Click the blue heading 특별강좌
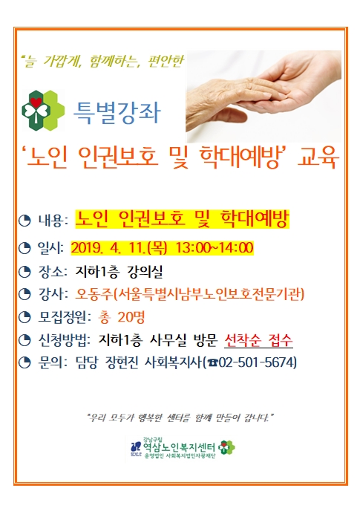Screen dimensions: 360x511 click(x=117, y=112)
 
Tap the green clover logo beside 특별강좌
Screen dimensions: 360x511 click(x=42, y=111)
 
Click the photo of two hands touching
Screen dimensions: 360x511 click(x=264, y=96)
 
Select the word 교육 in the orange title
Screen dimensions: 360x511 click(x=318, y=157)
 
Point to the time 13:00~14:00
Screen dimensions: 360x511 click(x=215, y=247)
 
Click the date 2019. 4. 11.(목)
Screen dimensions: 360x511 click(x=119, y=248)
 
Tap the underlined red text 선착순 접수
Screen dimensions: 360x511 click(x=258, y=341)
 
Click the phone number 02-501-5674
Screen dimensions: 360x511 click(x=257, y=362)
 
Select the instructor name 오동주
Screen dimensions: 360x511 click(x=94, y=294)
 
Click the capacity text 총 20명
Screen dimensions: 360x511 click(x=121, y=317)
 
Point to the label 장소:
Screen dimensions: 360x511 click(x=53, y=271)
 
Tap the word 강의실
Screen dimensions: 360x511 click(x=145, y=272)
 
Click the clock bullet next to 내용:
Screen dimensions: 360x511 click(x=24, y=221)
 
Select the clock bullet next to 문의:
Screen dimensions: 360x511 click(x=24, y=362)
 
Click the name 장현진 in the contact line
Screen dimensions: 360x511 click(x=122, y=362)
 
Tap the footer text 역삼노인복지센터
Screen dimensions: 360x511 click(x=179, y=447)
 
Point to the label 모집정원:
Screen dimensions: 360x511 click(x=65, y=317)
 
